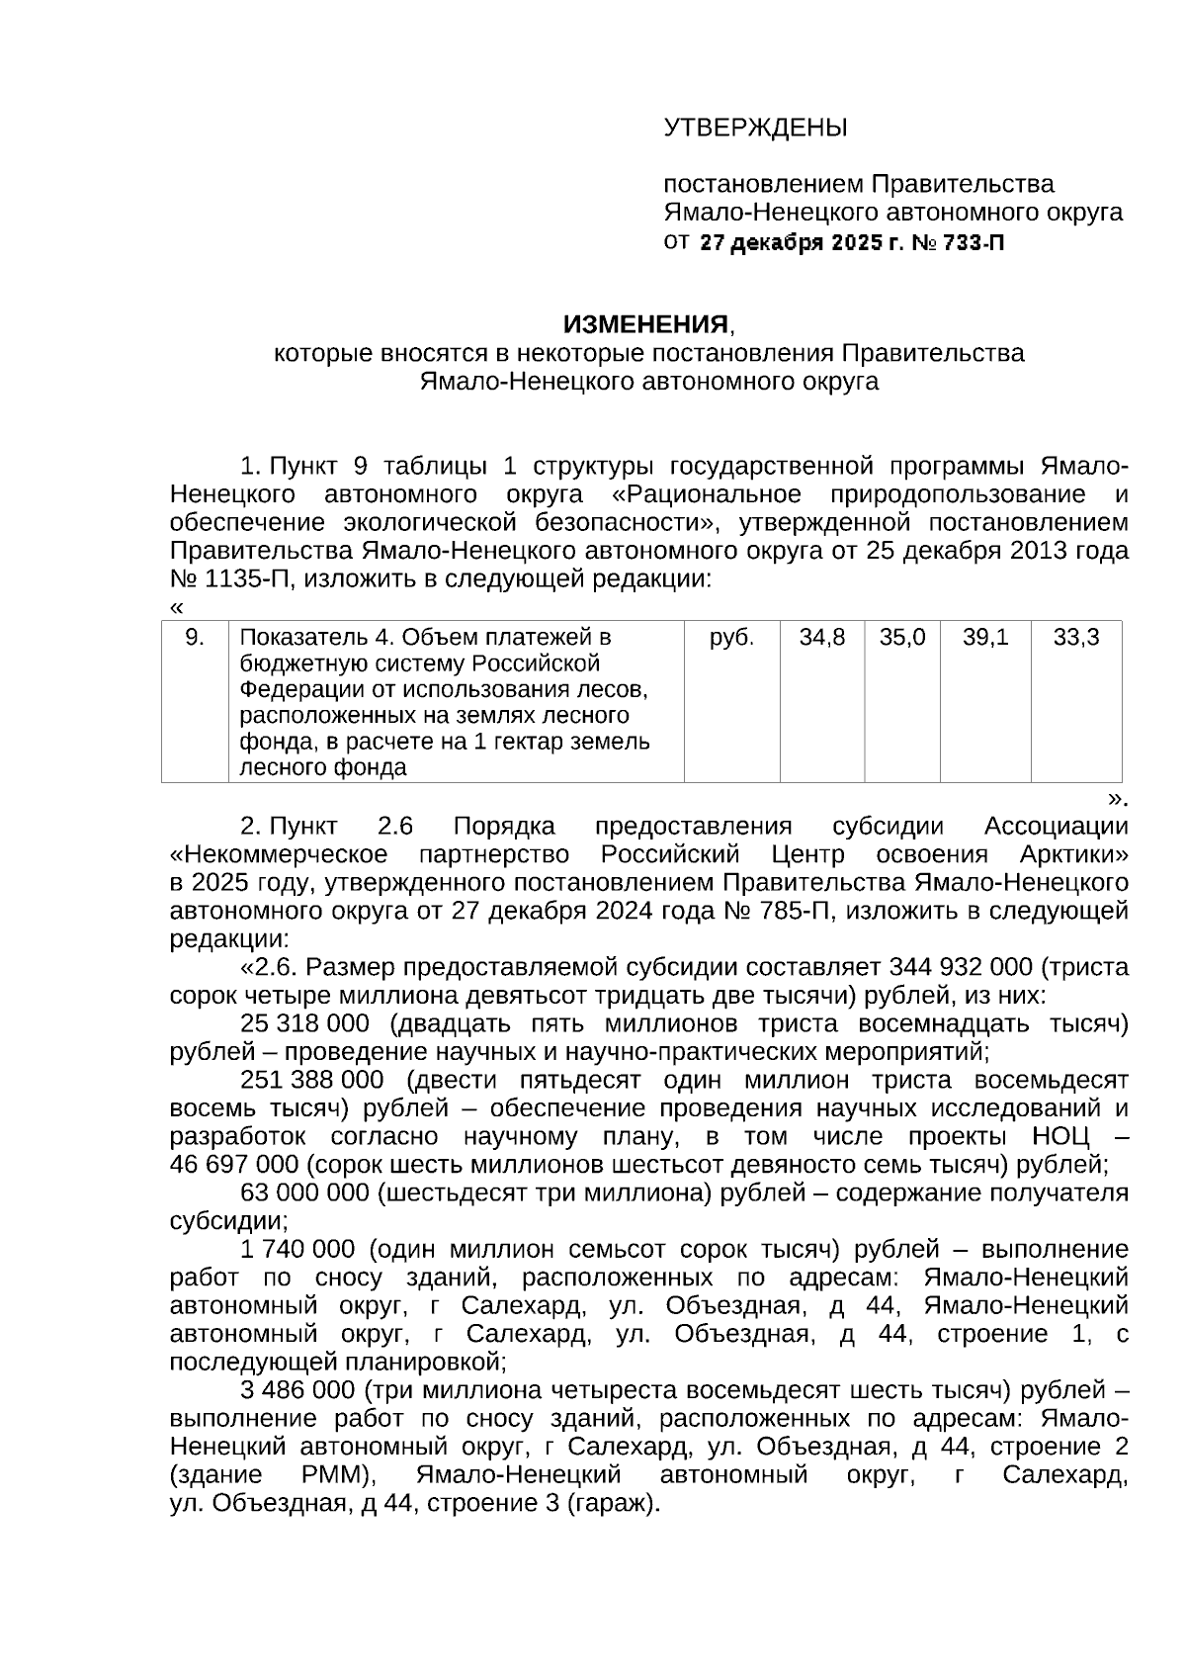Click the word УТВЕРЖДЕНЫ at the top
tap(755, 129)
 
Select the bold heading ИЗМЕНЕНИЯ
tap(645, 324)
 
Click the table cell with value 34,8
tap(821, 638)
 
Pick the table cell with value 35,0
tap(901, 638)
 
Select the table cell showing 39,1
tap(984, 638)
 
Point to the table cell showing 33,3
tap(1075, 638)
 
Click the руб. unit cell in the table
tap(731, 638)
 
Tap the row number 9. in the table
tap(195, 638)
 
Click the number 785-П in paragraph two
tap(795, 910)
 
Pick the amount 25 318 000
tap(304, 1022)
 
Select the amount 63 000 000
tap(304, 1192)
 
